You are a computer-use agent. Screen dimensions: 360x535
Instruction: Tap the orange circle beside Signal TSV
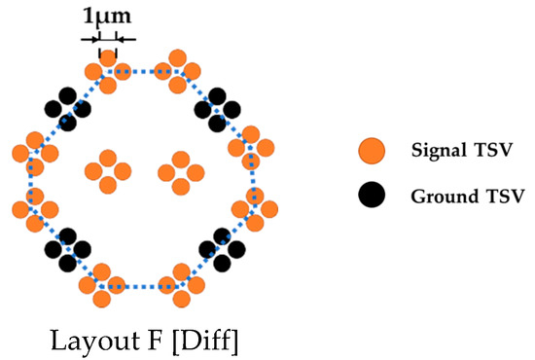coord(371,151)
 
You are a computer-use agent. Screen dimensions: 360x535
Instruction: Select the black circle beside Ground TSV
coord(371,195)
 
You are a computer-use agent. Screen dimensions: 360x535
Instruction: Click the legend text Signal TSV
coord(458,152)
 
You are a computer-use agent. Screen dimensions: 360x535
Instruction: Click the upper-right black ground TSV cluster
coord(219,108)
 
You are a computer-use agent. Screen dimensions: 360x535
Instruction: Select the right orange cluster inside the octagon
coord(179,172)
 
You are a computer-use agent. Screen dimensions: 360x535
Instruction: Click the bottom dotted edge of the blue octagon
coord(143,287)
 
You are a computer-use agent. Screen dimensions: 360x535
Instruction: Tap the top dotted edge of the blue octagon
coord(143,71)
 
